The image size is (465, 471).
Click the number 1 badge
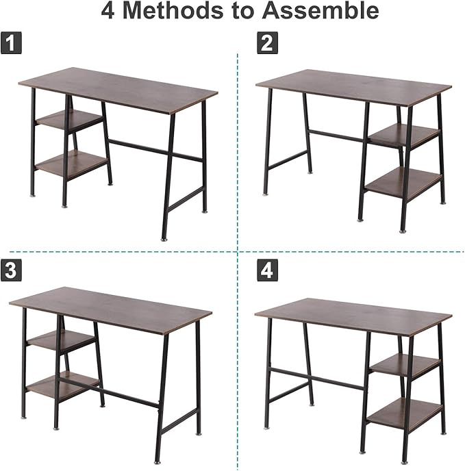coord(11,42)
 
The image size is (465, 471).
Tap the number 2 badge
coord(267,43)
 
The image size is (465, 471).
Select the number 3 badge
coord(11,270)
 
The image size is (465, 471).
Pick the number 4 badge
coord(267,270)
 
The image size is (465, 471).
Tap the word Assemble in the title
coord(320,11)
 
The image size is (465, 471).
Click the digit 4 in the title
coord(108,11)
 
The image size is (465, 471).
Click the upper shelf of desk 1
coord(69,120)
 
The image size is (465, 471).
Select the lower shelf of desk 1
coord(71,164)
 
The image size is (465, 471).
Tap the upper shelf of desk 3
coord(61,340)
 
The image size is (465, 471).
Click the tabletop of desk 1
coord(118,90)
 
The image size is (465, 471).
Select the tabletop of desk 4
coord(353,317)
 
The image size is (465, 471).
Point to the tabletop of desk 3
coord(111,310)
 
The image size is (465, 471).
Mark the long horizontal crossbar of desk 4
coord(318,378)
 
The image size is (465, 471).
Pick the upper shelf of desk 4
coord(405,366)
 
